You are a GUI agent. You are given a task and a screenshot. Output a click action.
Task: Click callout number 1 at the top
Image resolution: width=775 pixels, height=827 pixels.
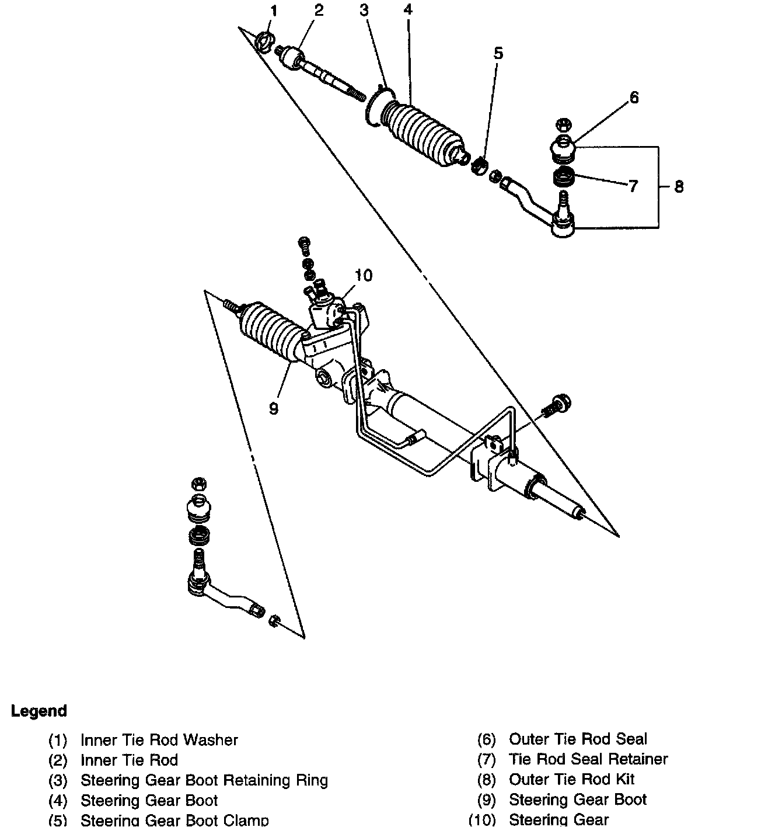274,11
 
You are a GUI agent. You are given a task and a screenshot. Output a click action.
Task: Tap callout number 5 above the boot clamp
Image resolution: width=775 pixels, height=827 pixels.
498,53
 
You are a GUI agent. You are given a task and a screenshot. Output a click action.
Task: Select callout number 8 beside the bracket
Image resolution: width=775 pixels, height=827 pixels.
679,186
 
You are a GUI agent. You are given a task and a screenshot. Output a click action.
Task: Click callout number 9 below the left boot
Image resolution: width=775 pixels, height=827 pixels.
274,408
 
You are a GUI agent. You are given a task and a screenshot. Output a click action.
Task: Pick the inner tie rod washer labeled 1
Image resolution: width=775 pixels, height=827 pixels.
263,41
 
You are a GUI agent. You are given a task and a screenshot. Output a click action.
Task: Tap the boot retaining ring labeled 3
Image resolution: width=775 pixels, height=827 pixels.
378,105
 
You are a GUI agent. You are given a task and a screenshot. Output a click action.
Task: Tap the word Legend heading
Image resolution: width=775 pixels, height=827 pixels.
39,711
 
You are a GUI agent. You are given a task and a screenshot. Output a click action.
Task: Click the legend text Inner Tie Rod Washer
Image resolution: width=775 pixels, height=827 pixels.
159,740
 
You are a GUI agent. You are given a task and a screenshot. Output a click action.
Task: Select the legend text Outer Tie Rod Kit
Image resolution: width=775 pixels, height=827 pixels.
571,779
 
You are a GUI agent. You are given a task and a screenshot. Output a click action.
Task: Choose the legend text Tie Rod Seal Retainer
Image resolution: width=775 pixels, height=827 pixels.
588,759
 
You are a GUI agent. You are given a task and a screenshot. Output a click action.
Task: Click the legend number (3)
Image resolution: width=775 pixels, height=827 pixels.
58,780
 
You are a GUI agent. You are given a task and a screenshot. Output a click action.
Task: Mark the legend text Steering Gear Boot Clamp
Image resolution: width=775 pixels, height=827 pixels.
175,820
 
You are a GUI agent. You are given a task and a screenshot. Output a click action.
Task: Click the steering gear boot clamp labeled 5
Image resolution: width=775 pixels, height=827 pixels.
479,165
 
